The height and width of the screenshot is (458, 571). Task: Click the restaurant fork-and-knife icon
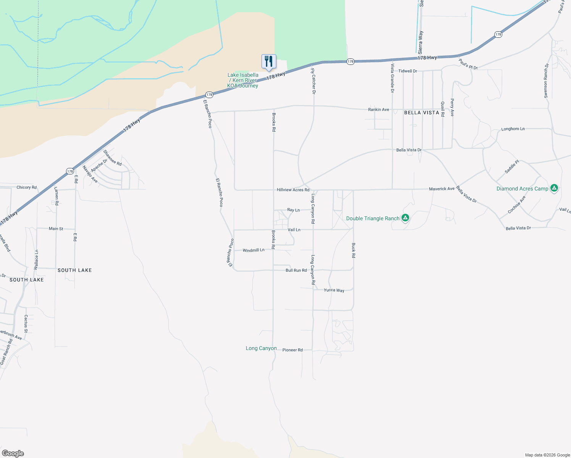pyautogui.click(x=269, y=61)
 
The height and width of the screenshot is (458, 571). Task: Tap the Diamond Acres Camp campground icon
pyautogui.click(x=554, y=188)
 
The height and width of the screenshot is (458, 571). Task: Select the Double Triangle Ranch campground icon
pyautogui.click(x=405, y=218)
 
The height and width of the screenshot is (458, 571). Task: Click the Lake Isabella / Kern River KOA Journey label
pyautogui.click(x=243, y=80)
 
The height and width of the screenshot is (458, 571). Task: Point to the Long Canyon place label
pyautogui.click(x=261, y=348)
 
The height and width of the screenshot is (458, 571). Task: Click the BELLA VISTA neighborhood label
pyautogui.click(x=421, y=113)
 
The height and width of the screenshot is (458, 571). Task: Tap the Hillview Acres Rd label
pyautogui.click(x=293, y=190)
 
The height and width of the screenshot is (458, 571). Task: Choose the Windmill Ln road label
pyautogui.click(x=253, y=250)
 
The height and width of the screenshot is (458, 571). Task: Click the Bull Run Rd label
pyautogui.click(x=296, y=270)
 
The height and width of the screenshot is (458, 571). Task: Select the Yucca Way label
pyautogui.click(x=334, y=290)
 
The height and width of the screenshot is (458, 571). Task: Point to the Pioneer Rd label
pyautogui.click(x=292, y=350)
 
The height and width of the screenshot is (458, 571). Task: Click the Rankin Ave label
pyautogui.click(x=379, y=110)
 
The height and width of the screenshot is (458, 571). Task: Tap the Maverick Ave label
pyautogui.click(x=442, y=189)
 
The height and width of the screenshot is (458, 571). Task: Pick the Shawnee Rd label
pyautogui.click(x=112, y=158)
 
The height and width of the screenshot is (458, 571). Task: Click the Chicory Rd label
pyautogui.click(x=27, y=187)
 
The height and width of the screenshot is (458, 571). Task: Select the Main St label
pyautogui.click(x=56, y=229)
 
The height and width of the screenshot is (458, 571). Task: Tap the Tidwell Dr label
pyautogui.click(x=408, y=71)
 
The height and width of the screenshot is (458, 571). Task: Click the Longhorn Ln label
pyautogui.click(x=513, y=129)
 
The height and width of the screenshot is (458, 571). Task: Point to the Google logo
pyautogui.click(x=13, y=453)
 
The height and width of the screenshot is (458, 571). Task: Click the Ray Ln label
pyautogui.click(x=293, y=210)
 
